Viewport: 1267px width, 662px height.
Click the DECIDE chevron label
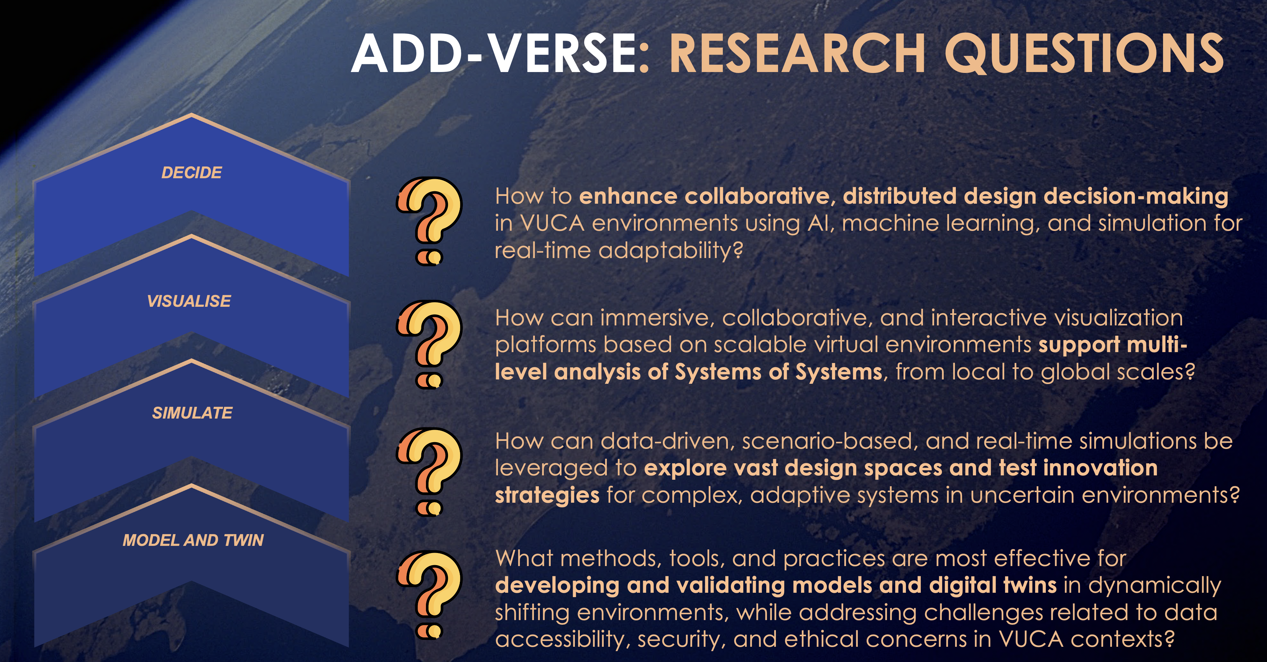pos(191,173)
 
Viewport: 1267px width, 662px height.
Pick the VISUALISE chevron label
pos(189,301)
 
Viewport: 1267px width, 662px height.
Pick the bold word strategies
pos(547,496)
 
